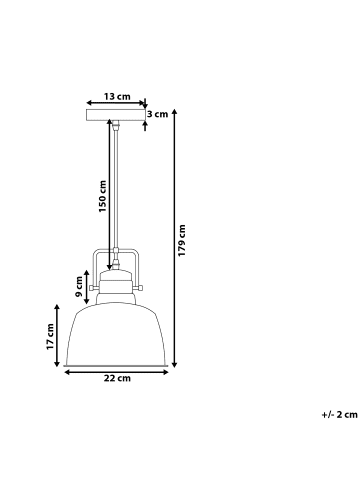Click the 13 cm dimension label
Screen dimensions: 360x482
click(117, 96)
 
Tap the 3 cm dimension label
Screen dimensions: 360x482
click(158, 114)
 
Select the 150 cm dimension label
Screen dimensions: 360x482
click(103, 196)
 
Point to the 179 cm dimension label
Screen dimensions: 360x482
click(182, 240)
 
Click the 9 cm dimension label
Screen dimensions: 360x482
click(79, 286)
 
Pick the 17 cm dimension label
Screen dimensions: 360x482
click(50, 336)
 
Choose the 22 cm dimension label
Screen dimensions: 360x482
click(117, 378)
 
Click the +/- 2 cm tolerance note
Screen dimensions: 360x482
click(339, 415)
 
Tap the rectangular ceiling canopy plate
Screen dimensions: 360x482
click(116, 115)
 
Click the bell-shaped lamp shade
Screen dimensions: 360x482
click(116, 335)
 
